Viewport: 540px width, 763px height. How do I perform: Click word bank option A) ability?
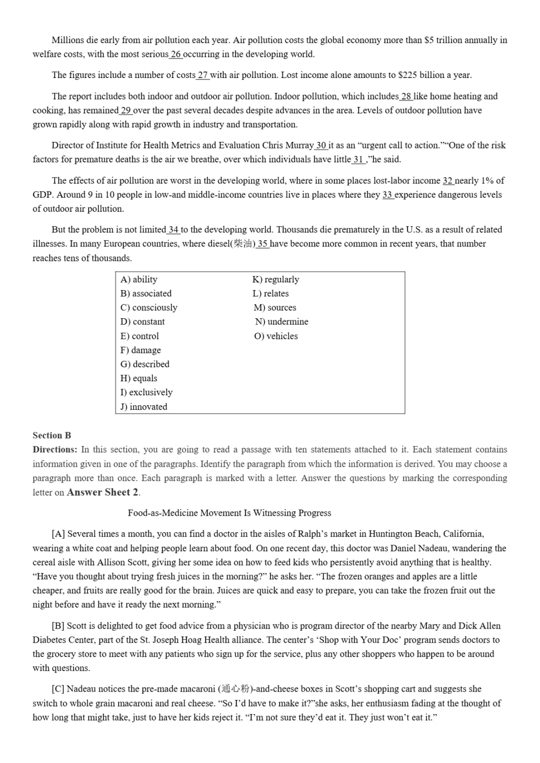138,279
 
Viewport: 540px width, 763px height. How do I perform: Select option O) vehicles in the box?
275,336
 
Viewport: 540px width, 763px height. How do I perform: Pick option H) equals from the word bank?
138,378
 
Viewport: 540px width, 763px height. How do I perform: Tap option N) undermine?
281,322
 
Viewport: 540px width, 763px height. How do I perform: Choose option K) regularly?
275,279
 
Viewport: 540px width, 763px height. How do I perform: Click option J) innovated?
143,407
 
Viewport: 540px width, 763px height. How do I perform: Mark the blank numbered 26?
176,54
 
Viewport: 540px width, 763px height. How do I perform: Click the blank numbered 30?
321,145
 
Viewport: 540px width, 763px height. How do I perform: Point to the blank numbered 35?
263,244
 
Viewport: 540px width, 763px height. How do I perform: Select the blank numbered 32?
447,180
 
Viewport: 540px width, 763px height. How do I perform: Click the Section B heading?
52,435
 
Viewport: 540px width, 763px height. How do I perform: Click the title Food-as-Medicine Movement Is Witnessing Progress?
229,513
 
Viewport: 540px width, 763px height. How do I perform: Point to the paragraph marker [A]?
58,534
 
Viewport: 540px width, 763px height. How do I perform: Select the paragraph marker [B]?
58,626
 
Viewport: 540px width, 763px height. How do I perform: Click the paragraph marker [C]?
58,689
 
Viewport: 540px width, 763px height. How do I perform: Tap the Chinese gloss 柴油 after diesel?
243,244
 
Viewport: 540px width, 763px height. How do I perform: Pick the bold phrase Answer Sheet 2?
102,492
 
